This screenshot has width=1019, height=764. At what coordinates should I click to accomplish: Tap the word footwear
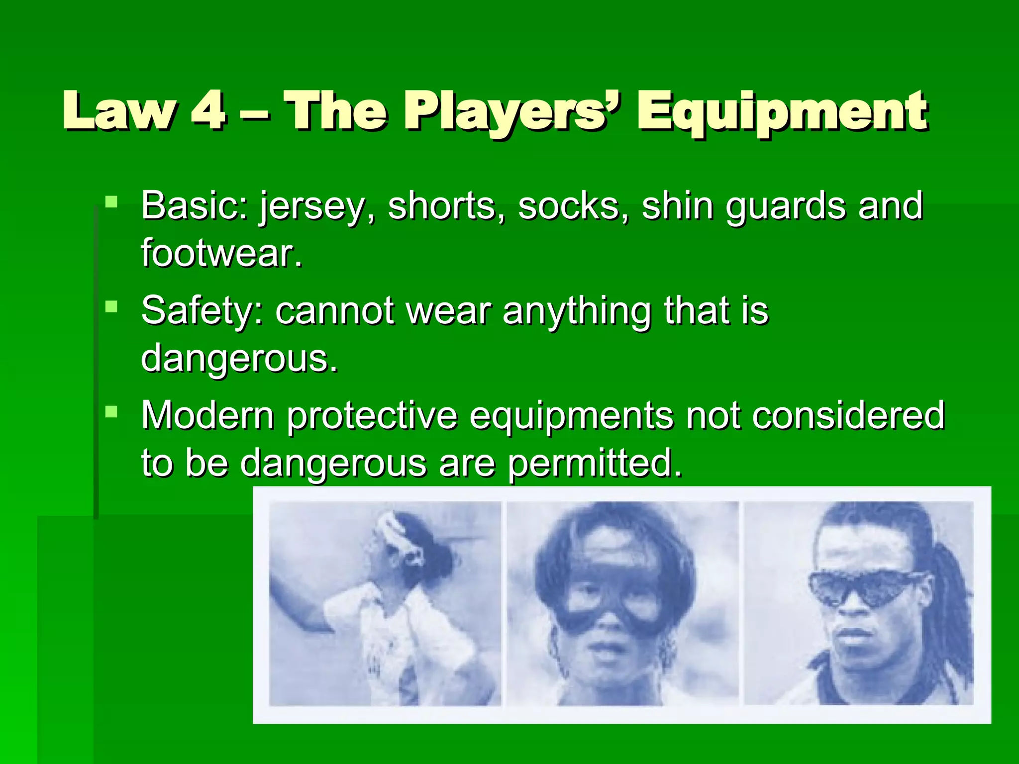[x=221, y=253]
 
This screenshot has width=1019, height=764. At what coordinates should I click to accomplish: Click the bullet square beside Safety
[x=111, y=306]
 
